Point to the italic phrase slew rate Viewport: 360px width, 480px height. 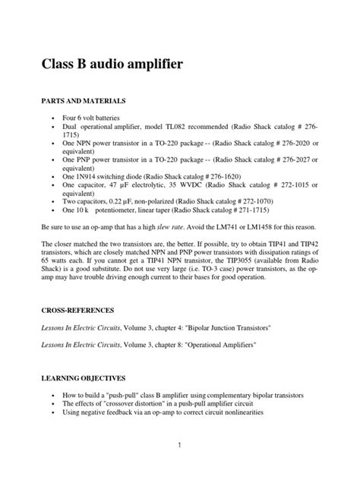click(x=185, y=227)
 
